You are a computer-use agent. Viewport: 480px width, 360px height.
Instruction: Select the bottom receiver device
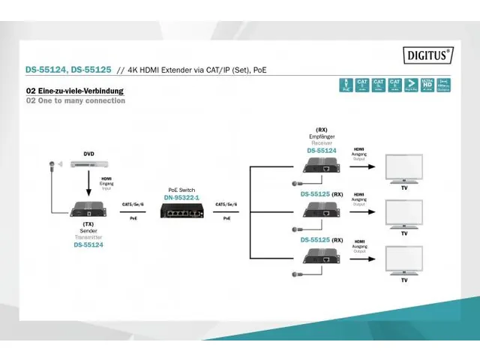pos(321,259)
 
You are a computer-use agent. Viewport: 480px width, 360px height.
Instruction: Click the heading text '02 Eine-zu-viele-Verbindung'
pos(75,91)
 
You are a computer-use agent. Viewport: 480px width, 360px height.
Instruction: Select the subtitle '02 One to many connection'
pos(76,100)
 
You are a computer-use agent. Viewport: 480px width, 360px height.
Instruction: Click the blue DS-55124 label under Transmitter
pos(88,244)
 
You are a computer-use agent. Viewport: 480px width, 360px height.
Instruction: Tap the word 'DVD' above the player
pos(88,154)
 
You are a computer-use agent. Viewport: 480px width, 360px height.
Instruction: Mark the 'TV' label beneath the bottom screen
pos(404,280)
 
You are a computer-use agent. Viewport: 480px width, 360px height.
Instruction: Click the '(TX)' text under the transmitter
pos(88,224)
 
